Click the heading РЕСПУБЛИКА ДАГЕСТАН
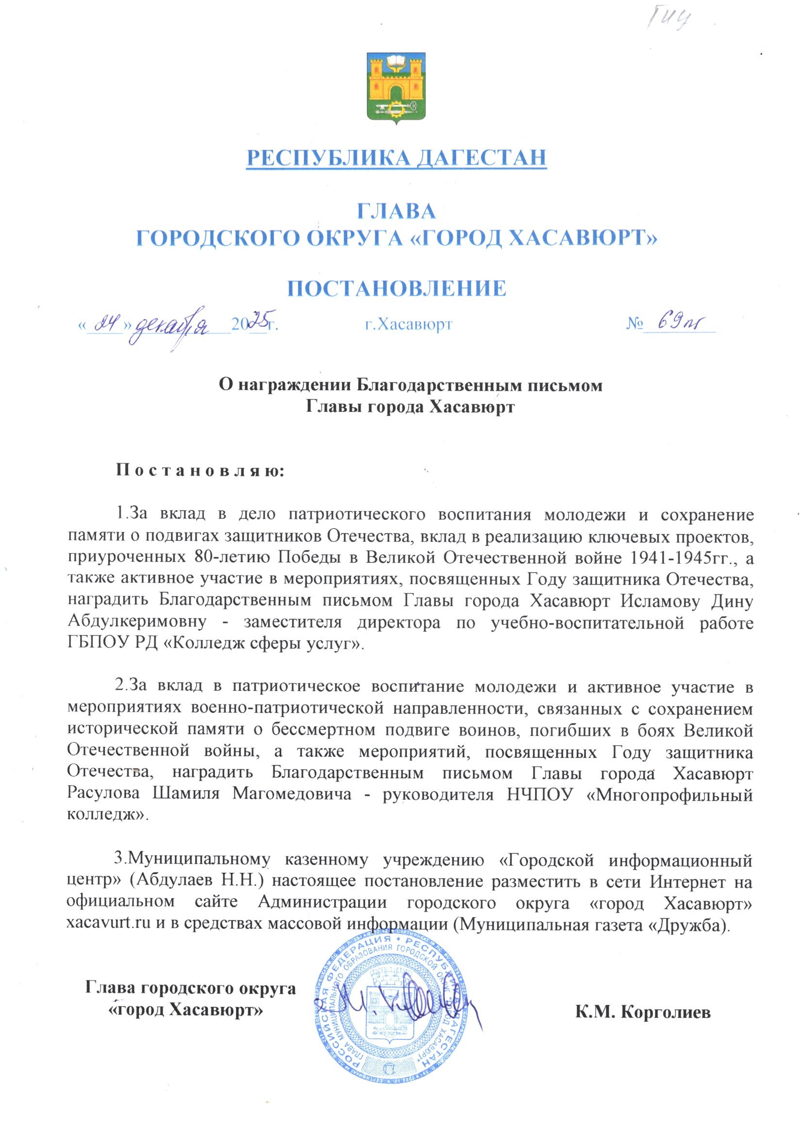point(396,158)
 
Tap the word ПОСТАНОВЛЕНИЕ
point(397,288)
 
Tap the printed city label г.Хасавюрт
point(408,324)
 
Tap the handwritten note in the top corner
point(668,20)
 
